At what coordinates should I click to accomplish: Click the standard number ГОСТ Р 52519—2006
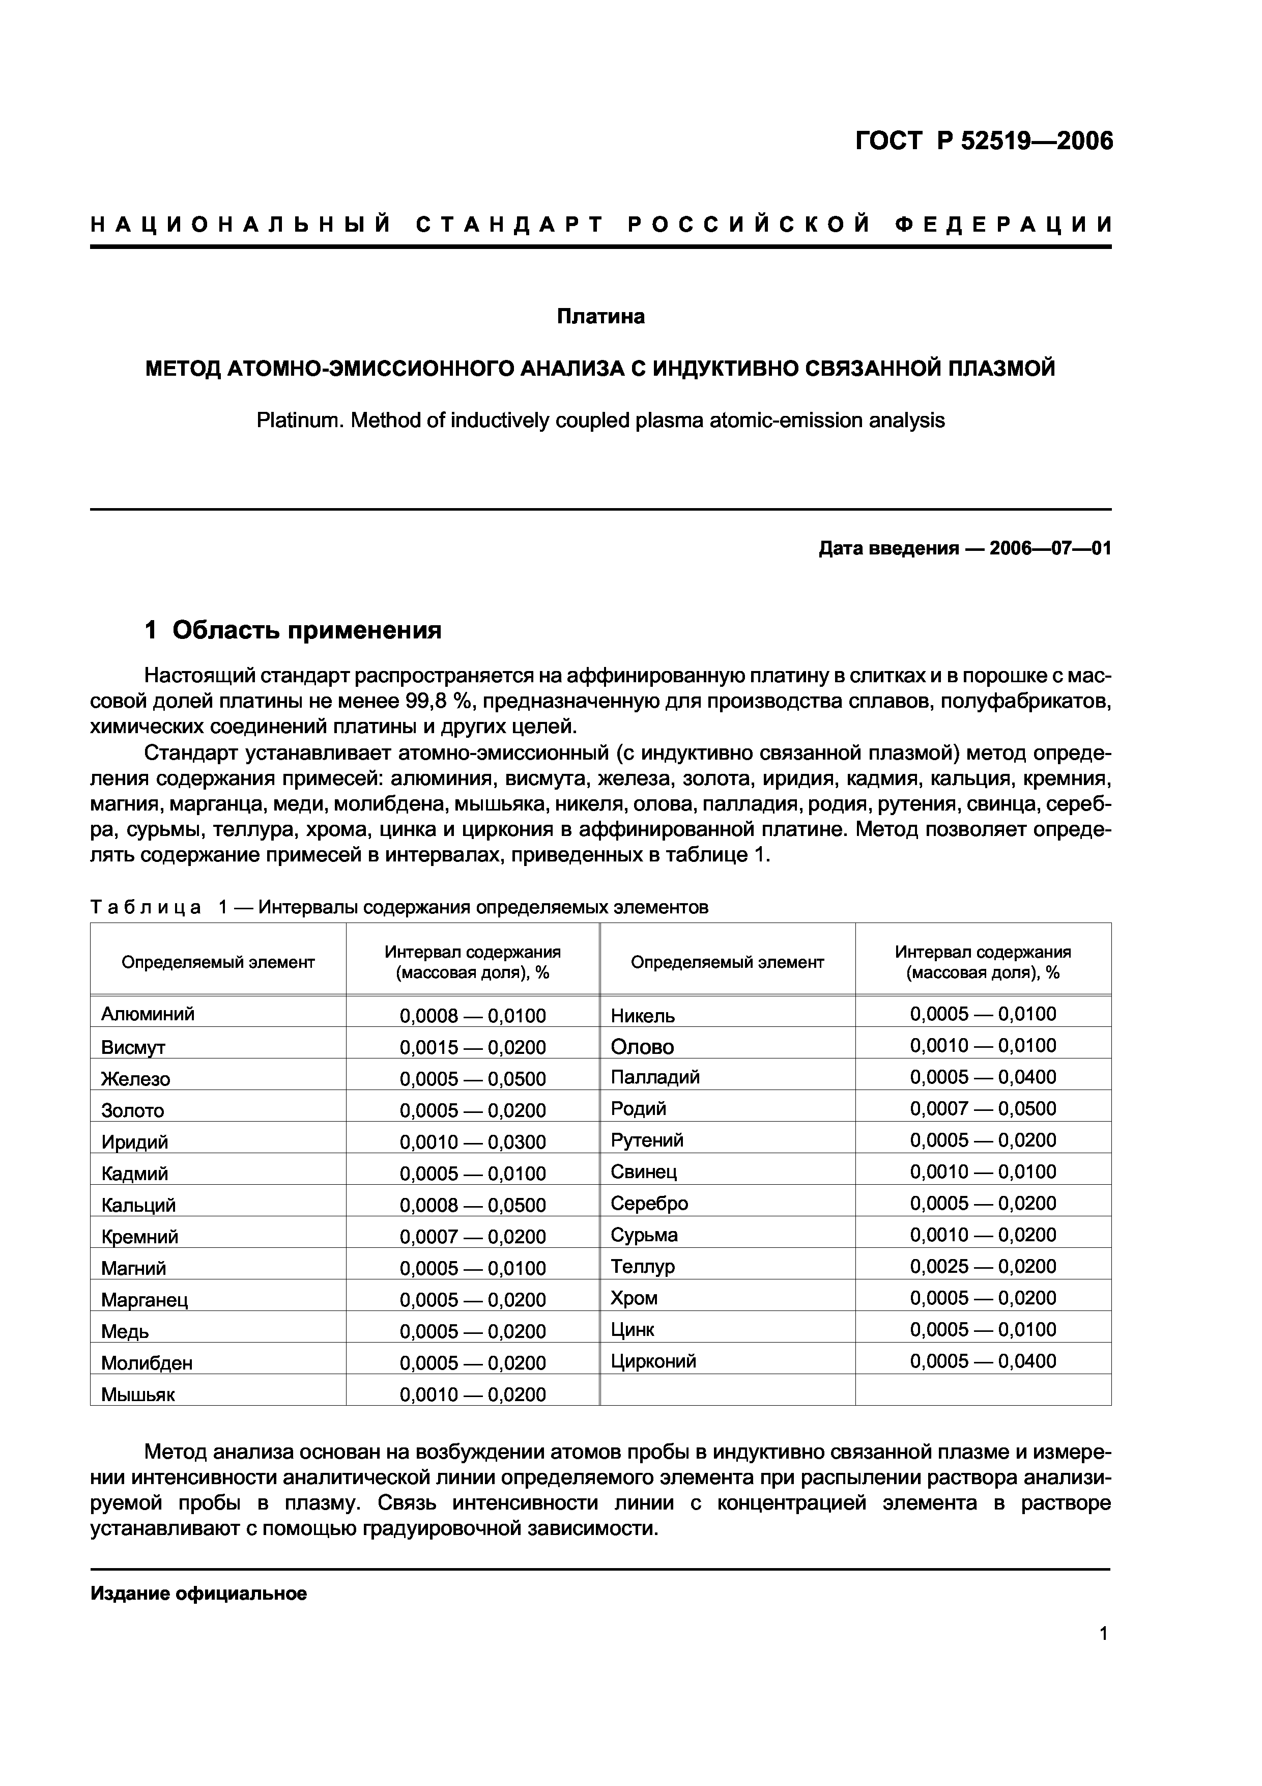[984, 141]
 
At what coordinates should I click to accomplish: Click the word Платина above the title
[600, 317]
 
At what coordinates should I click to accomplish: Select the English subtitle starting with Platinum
[600, 421]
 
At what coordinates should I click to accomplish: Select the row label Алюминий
[148, 1014]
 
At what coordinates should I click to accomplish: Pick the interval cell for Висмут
[473, 1047]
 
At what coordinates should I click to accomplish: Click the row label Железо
[135, 1079]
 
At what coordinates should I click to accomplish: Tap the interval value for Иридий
[473, 1142]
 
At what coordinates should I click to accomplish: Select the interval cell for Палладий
[983, 1077]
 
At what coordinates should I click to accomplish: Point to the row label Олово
[642, 1047]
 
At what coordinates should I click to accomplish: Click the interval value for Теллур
[983, 1266]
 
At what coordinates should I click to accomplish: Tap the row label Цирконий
[653, 1361]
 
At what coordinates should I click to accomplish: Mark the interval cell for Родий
[983, 1108]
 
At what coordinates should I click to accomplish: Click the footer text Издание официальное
[199, 1594]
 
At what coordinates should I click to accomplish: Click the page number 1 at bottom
[1103, 1655]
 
